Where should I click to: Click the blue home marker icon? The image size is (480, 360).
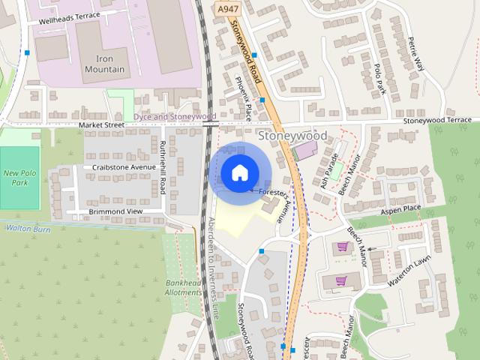click(238, 173)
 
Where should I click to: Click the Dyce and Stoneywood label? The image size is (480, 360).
click(174, 117)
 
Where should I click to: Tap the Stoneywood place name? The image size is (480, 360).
click(292, 136)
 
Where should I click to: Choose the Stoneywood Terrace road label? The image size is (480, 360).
click(437, 120)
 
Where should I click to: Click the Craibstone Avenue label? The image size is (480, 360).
click(124, 166)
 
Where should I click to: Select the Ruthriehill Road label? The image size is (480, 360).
click(163, 167)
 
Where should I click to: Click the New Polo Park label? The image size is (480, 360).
click(19, 178)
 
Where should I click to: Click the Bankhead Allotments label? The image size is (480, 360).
click(183, 288)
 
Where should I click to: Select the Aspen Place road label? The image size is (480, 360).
click(400, 208)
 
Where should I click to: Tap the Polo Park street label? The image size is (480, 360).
click(379, 78)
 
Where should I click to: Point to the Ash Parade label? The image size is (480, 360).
click(328, 172)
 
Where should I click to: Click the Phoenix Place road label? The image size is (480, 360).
click(243, 98)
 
